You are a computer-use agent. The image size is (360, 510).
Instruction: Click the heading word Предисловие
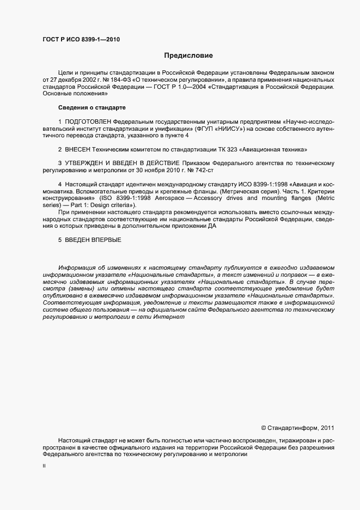point(189,56)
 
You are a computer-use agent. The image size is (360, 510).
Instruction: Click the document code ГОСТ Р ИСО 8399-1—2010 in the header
point(81,40)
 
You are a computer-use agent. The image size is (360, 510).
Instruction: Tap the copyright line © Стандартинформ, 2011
point(298,428)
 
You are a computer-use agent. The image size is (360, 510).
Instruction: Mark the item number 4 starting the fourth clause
point(59,184)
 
